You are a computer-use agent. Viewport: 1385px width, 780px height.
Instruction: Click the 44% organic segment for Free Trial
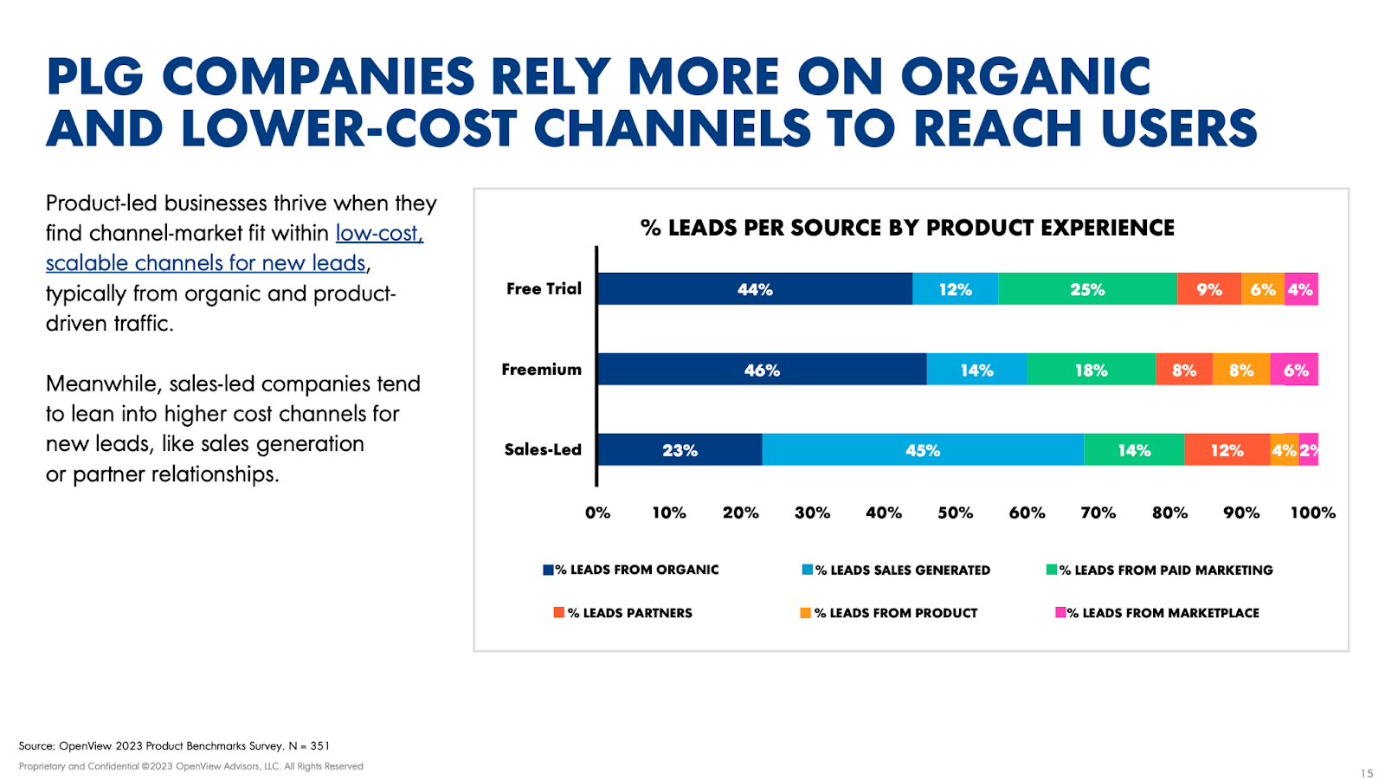point(755,289)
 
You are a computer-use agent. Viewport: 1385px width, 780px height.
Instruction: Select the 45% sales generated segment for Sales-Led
point(923,450)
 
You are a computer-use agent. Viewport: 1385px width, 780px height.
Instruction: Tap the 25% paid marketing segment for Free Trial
point(1087,289)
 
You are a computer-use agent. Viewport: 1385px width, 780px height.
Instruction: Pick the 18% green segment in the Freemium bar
point(1091,370)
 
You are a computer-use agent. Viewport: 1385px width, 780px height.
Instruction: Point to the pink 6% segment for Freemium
point(1295,370)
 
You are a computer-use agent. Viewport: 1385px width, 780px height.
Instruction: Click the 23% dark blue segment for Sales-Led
point(680,450)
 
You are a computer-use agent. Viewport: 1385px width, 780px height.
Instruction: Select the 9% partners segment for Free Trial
point(1208,289)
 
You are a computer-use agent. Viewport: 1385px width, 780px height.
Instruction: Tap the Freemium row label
point(542,370)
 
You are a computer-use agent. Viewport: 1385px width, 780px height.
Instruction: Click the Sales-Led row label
point(543,450)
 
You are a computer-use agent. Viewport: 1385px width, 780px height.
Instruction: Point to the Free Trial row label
point(544,289)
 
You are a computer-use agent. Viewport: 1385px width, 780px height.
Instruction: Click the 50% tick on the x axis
point(955,512)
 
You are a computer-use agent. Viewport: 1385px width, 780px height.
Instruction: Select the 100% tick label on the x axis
point(1312,512)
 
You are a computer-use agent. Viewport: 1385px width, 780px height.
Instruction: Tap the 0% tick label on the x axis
point(597,512)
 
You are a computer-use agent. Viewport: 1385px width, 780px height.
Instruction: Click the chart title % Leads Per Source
point(907,228)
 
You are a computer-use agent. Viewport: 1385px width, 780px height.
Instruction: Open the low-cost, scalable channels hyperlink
point(234,248)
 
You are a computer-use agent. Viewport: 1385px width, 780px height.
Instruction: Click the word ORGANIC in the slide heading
point(1025,77)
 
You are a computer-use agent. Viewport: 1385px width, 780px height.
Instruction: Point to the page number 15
point(1367,773)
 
